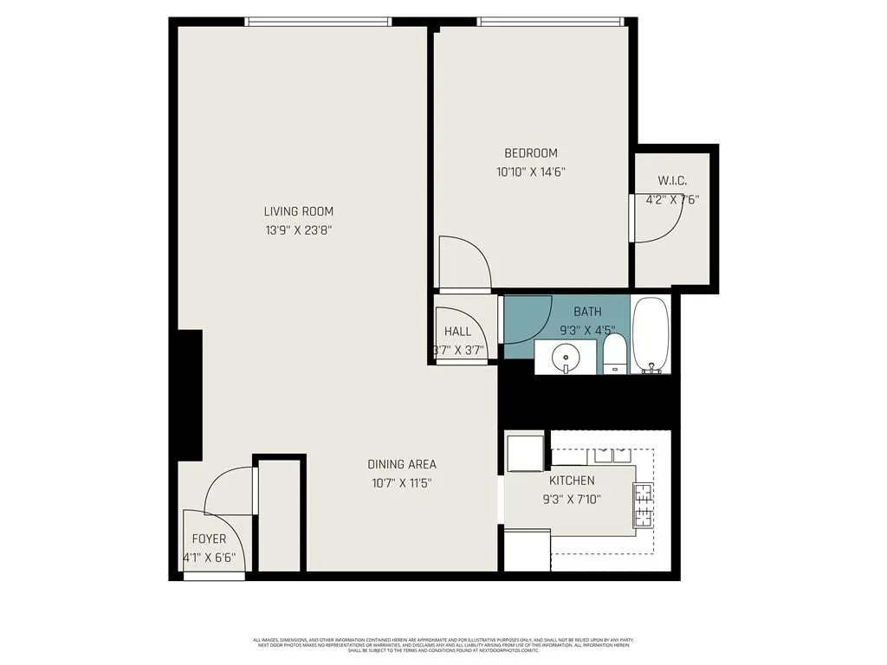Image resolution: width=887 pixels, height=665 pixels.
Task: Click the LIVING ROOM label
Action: [298, 211]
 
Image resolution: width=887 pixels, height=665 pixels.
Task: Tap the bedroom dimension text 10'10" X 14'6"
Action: [531, 171]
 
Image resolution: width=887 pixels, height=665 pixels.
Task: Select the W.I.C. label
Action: [672, 181]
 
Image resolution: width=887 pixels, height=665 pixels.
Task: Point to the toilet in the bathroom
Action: [614, 355]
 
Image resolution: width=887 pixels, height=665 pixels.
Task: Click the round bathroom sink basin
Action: [565, 355]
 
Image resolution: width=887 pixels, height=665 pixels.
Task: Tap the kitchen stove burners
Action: [643, 506]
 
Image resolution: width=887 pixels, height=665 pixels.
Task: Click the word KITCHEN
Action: [571, 481]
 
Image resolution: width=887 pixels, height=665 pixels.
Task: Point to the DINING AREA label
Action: [401, 464]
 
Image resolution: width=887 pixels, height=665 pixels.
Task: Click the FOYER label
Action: [209, 539]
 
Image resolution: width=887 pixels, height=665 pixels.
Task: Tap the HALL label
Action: [457, 332]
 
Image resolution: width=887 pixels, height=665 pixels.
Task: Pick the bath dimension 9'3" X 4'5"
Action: [587, 329]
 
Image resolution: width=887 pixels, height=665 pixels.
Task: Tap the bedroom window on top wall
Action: [549, 22]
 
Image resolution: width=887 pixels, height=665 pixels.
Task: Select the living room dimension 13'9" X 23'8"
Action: [299, 230]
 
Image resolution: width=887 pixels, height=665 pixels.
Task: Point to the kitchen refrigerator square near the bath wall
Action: [524, 454]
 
